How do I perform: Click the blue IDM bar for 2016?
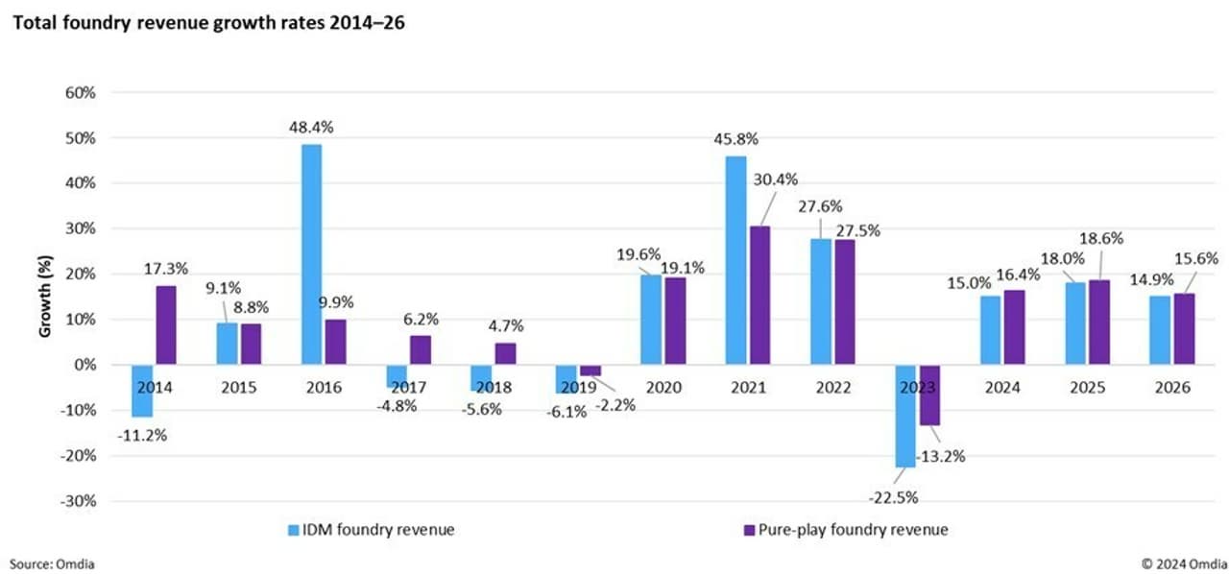312,254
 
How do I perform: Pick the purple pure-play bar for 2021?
759,295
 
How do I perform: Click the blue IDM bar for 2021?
735,260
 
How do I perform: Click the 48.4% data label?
312,127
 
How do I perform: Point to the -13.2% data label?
942,456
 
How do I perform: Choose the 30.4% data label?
775,179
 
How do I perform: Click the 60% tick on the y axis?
81,93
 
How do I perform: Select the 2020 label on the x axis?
663,388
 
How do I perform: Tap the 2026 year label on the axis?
1170,388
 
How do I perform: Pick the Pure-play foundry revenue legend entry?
844,529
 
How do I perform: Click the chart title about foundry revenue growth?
207,24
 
